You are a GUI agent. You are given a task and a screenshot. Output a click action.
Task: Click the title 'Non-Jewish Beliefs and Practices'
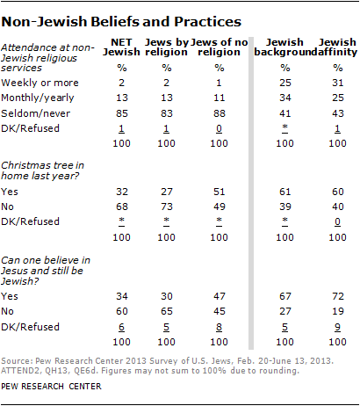point(122,18)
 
